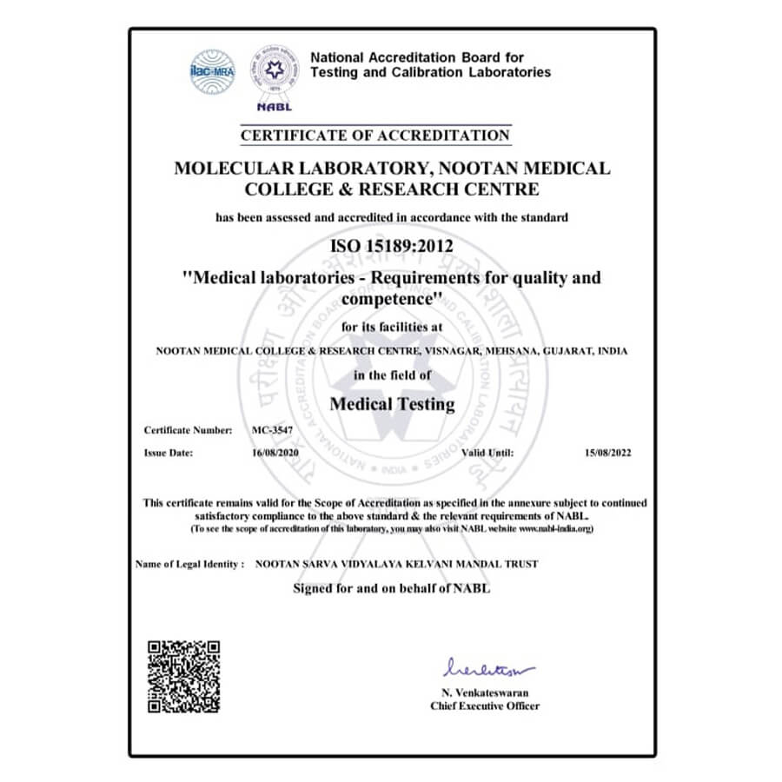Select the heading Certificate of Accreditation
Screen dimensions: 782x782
[x=375, y=136]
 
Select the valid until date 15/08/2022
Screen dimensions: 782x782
[x=608, y=453]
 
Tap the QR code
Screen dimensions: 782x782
[x=183, y=677]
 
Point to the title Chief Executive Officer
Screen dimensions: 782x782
[x=485, y=706]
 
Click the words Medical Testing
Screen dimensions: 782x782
[x=393, y=404]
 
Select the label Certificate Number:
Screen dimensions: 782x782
[x=188, y=430]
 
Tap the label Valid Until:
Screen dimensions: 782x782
[x=487, y=453]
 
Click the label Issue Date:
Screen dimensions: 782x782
[x=169, y=453]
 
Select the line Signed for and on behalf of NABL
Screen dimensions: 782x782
[x=393, y=588]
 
